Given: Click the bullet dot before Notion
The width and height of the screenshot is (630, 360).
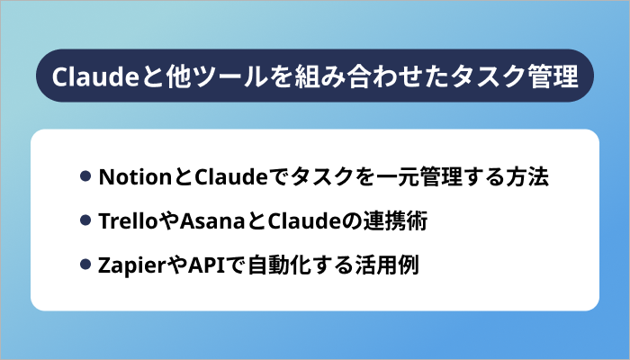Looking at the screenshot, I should coord(85,175).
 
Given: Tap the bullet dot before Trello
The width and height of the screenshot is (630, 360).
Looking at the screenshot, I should coord(85,220).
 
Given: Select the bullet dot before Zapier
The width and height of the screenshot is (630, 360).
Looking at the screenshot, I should coord(85,265).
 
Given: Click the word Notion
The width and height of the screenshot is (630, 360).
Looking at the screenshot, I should coord(124,175).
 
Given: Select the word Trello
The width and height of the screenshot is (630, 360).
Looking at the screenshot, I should coord(120,220).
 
